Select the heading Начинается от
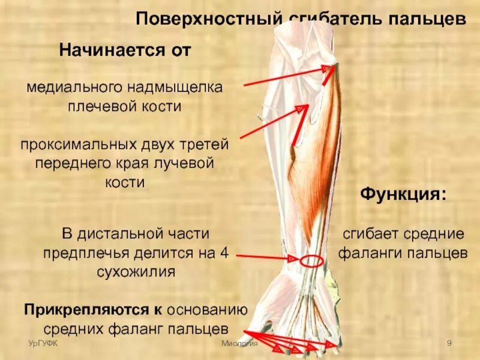pos(125,50)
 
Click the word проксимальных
pos(79,145)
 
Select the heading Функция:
pos(403,195)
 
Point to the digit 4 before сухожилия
pos(224,253)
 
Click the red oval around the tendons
pos(311,262)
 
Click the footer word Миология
pos(238,343)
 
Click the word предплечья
pos(80,253)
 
